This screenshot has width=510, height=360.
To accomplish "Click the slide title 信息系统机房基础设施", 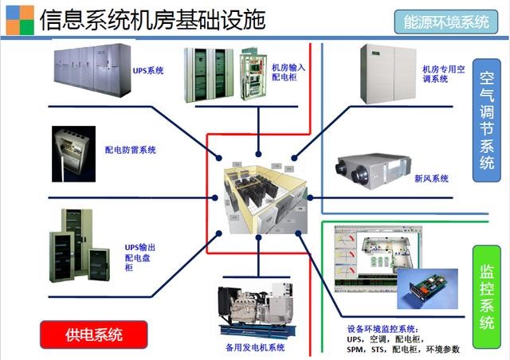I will tap(151, 19).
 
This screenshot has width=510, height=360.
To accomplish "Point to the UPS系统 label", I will tap(148, 71).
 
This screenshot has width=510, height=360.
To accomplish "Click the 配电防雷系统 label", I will tap(130, 149).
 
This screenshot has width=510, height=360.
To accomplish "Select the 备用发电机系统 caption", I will tap(255, 347).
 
